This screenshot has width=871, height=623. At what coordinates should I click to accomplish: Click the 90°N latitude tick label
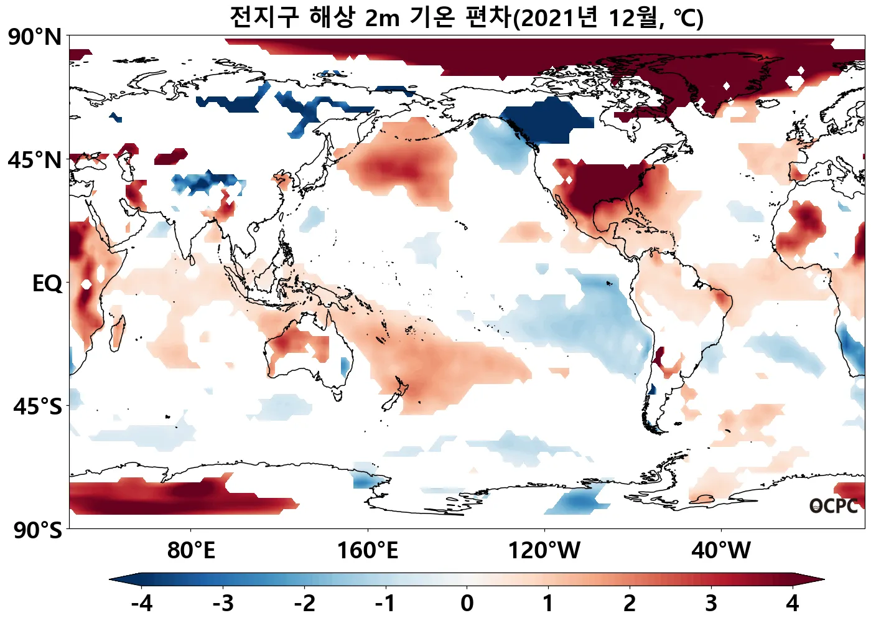(35, 37)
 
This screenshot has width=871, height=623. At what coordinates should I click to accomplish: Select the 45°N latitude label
(35, 161)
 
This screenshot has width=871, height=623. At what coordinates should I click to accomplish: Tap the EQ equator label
(47, 284)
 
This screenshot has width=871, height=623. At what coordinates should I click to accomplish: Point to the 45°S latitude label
(37, 407)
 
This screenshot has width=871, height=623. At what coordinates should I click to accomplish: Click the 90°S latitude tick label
(37, 530)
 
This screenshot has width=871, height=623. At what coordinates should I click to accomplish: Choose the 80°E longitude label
(191, 551)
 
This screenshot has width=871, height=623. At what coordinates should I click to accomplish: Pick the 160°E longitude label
(367, 551)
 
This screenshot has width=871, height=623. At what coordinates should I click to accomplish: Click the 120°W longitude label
(544, 551)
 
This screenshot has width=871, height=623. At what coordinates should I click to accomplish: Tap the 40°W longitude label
(721, 551)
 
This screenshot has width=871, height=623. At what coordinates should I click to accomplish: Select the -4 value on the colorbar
(142, 603)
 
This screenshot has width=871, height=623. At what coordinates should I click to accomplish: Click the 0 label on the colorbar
(467, 603)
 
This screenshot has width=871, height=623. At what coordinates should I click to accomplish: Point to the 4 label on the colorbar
(792, 603)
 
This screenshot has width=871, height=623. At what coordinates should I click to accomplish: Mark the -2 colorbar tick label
(304, 603)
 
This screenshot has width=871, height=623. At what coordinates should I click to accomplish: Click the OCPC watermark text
(833, 507)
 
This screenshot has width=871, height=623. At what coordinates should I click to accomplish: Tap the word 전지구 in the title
(264, 17)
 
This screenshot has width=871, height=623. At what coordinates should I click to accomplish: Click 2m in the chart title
(381, 19)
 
